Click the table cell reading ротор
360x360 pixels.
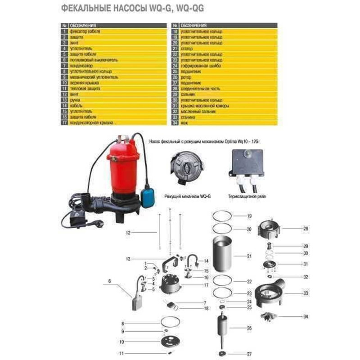pos(189,77)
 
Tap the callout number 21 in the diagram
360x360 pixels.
pos(249,256)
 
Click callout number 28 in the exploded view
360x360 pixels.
pos(306,229)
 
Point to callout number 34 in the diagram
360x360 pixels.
pos(306,316)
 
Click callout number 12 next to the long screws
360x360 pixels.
pos(128,233)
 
